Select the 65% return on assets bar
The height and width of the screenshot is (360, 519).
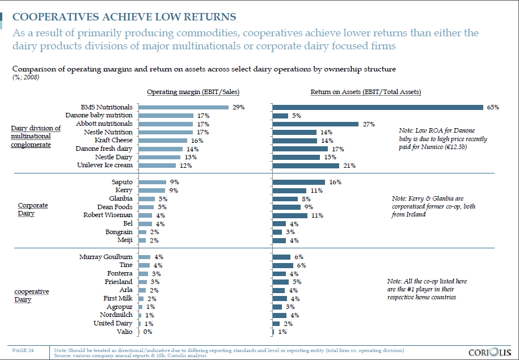[378, 107]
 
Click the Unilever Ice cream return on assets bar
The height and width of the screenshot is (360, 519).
[306, 166]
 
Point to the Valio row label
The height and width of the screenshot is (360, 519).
[124, 332]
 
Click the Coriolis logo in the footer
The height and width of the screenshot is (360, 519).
[490, 351]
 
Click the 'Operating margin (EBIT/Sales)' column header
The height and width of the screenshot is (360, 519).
[184, 92]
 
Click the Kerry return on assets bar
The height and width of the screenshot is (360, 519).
[290, 190]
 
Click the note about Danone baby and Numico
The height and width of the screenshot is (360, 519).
[442, 139]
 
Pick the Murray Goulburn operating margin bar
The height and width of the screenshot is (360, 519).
[144, 257]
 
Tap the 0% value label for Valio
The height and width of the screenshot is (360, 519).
[149, 332]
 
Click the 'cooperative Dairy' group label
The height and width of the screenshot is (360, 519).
[31, 295]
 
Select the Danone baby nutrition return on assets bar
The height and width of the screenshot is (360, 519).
[281, 116]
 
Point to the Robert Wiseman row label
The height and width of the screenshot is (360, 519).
[108, 215]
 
